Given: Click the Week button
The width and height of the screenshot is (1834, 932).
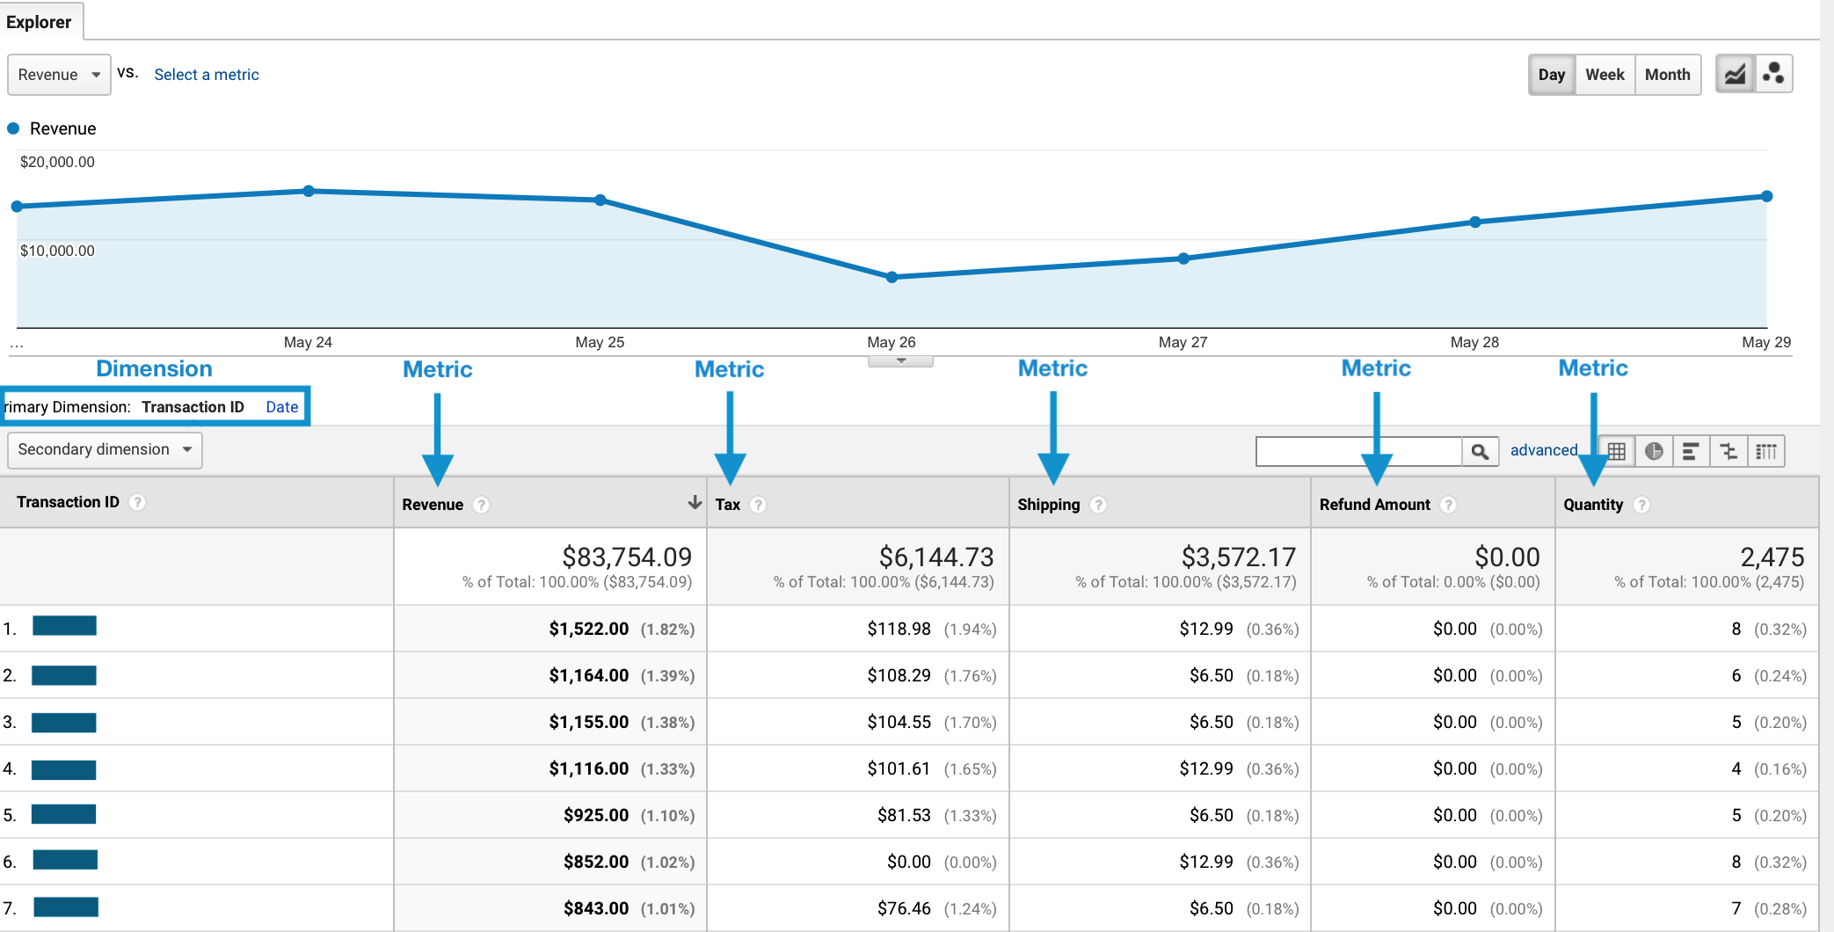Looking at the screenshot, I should (1605, 75).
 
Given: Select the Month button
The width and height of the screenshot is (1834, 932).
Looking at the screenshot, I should (1667, 75).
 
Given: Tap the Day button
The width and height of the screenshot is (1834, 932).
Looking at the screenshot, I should (1551, 75).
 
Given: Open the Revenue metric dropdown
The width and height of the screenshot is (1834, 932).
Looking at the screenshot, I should (59, 75).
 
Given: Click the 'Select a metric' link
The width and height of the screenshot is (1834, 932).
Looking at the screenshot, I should (207, 75).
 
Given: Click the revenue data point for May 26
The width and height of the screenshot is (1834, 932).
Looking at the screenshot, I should (892, 277).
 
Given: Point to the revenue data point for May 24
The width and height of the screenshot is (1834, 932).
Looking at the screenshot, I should (309, 191).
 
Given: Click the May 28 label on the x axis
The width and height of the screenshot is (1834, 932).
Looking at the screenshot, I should (1474, 342).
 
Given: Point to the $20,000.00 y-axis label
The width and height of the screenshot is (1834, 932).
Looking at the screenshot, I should (57, 162).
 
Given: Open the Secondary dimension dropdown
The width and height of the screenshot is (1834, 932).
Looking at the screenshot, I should (105, 449).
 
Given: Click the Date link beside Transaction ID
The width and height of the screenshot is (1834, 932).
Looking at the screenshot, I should (281, 407).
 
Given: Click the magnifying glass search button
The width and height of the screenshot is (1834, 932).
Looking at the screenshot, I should (1480, 451).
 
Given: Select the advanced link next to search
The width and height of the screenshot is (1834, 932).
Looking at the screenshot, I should (1543, 450).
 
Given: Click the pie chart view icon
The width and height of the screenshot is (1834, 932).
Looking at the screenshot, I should (1654, 451).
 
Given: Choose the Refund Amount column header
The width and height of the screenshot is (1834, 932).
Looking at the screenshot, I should (1375, 505).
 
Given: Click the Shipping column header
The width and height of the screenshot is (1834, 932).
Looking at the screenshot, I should (1048, 505).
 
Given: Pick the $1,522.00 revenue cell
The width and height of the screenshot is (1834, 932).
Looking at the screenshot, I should (588, 629).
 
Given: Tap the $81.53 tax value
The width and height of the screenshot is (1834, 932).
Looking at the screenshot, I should (904, 815).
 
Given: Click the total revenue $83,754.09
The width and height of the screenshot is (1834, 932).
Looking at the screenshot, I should (627, 557).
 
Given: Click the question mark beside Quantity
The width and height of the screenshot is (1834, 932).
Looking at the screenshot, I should (1641, 505).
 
